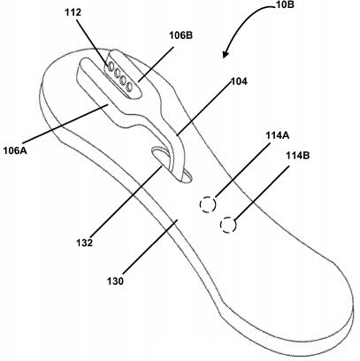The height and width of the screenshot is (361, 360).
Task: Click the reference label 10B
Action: point(285,4)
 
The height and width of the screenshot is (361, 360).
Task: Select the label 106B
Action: point(180,35)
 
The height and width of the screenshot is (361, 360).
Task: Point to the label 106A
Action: point(15,150)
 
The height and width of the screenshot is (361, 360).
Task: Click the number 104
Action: point(239,81)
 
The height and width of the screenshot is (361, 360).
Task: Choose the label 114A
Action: point(278,135)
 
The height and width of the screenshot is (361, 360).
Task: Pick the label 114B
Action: point(298,156)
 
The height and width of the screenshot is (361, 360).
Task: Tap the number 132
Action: point(85,242)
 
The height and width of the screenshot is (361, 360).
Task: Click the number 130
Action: point(115,281)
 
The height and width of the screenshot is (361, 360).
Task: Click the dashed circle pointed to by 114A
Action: point(208,204)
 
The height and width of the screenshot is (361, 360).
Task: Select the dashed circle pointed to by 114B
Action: point(228,225)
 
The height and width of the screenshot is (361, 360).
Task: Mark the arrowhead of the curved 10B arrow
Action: point(226,55)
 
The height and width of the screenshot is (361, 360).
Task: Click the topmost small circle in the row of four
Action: point(111,67)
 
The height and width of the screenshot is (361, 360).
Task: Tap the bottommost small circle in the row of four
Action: point(129,87)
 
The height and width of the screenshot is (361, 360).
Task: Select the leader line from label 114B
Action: point(261,194)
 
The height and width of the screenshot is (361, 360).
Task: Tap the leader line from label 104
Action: point(203,110)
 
